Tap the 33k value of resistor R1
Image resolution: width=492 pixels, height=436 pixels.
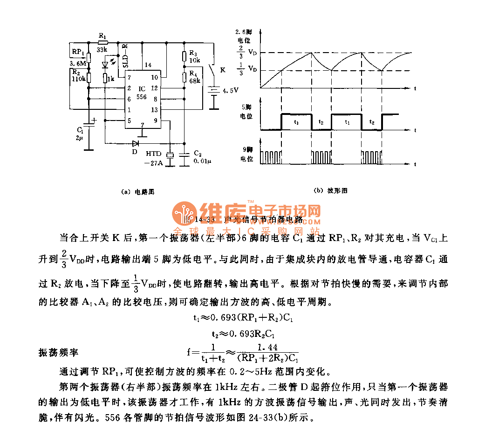102,48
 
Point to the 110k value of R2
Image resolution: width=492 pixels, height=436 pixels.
78,79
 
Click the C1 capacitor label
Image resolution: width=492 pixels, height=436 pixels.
80,130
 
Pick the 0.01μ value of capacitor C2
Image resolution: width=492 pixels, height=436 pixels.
202,161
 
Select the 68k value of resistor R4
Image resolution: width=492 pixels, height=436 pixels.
195,80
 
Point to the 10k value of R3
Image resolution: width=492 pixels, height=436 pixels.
195,60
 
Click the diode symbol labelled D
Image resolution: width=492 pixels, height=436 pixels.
136,143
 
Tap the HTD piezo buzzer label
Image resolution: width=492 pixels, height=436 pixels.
154,153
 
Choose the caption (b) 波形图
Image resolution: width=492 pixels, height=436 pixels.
331,190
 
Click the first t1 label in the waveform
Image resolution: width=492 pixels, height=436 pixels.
297,121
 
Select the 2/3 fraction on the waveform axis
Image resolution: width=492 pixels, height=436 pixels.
240,52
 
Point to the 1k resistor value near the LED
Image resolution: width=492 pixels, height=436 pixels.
110,79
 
